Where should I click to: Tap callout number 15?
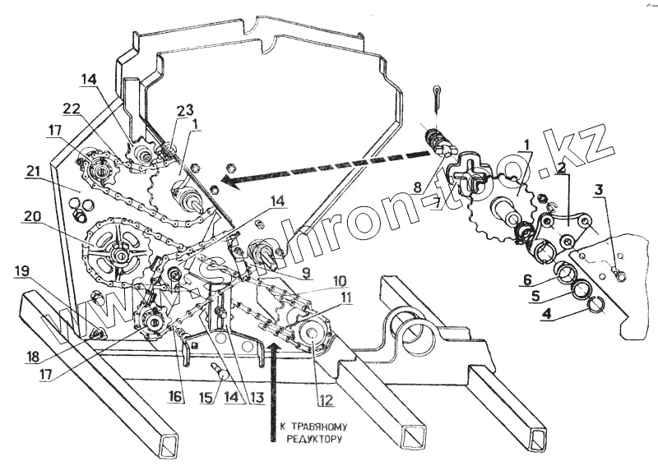coord(206,399)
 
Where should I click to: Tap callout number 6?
coord(526,279)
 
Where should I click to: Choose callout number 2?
coord(561,167)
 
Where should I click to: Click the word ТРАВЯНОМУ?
coord(313,427)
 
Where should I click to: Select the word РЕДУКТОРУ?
coord(313,440)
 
